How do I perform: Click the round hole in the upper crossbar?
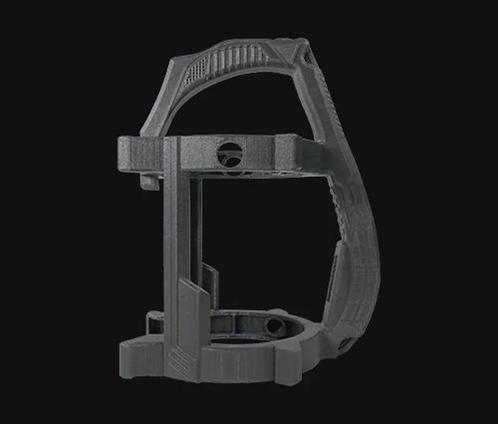pyautogui.click(x=228, y=152)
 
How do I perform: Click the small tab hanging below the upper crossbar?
pyautogui.click(x=148, y=182)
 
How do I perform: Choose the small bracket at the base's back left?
pyautogui.click(x=152, y=321)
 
